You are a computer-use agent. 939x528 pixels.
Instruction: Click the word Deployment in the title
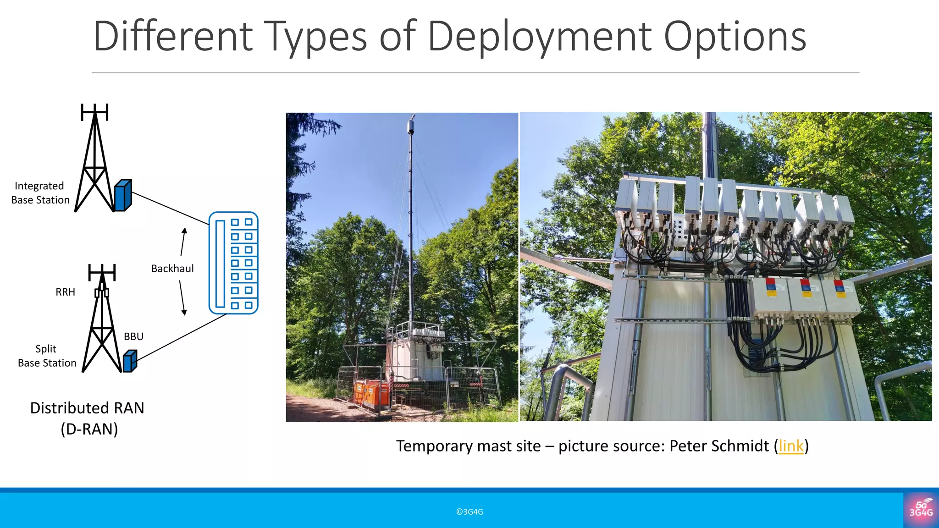click(540, 37)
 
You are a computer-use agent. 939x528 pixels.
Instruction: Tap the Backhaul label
click(172, 269)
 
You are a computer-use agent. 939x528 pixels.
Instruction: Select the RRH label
click(65, 292)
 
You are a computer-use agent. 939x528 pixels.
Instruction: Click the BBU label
click(133, 336)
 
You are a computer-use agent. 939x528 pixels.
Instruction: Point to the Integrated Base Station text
click(40, 193)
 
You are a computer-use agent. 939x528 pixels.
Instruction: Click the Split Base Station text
click(47, 356)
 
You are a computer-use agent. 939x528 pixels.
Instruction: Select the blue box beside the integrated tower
click(122, 196)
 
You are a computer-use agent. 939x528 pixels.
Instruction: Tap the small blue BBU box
click(130, 361)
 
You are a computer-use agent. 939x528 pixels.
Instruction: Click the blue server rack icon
click(233, 263)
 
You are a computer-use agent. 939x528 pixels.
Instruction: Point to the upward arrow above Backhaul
click(183, 241)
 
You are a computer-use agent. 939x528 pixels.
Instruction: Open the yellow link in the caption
click(791, 446)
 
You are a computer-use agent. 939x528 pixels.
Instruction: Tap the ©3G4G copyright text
click(469, 511)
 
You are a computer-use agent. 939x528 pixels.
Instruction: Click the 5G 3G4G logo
click(921, 510)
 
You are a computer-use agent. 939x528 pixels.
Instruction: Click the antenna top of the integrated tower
click(94, 111)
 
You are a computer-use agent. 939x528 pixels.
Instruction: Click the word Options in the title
click(735, 37)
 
